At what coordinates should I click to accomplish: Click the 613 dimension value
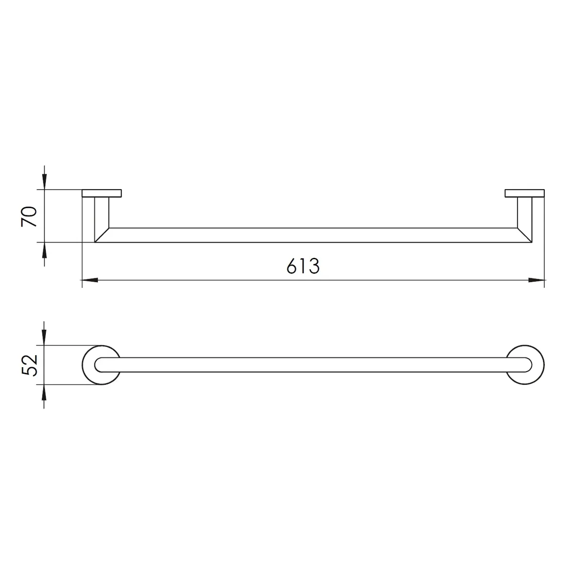click(303, 265)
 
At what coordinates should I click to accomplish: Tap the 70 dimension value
click(29, 216)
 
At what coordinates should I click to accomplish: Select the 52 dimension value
click(29, 365)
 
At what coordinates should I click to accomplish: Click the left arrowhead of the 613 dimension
click(90, 280)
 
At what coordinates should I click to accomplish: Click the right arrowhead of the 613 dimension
click(536, 280)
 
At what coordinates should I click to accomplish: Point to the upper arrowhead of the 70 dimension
click(44, 181)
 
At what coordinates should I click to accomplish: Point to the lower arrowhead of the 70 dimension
click(44, 250)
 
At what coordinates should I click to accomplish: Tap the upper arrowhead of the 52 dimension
click(44, 338)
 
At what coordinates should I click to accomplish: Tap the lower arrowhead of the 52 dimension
click(44, 393)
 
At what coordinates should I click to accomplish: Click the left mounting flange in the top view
click(102, 193)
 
